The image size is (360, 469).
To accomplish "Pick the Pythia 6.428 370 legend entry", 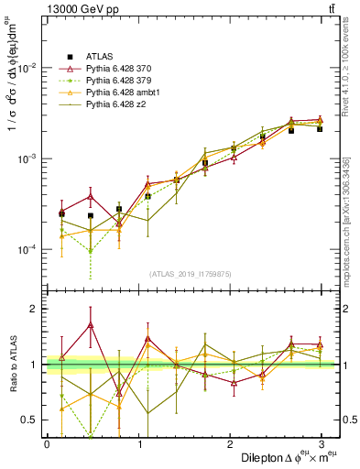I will (121, 70).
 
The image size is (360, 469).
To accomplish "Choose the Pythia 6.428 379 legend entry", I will (121, 82).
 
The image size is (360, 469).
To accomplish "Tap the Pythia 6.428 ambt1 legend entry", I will (124, 93).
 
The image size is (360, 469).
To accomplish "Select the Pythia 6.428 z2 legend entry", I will (117, 105).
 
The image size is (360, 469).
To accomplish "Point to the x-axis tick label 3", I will (323, 443).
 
